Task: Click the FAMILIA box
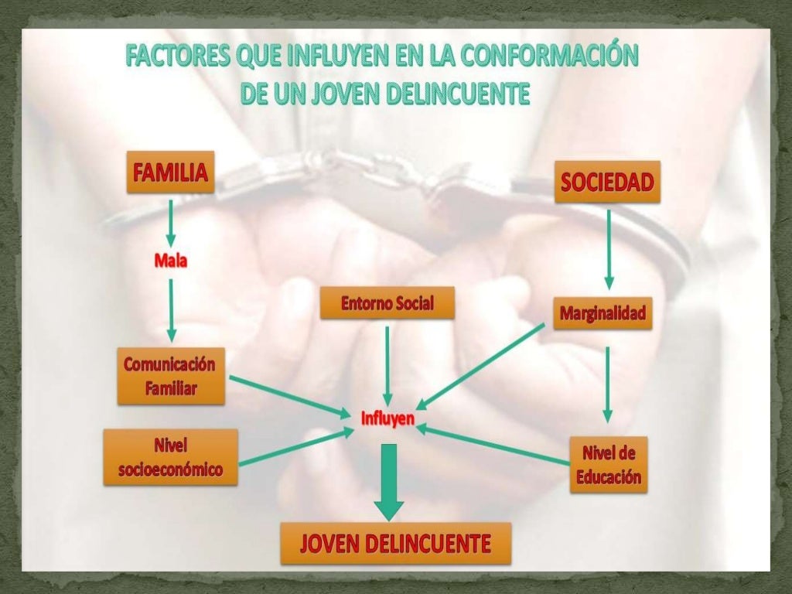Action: pos(170,172)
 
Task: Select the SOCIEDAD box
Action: pos(607,182)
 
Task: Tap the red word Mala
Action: pos(170,261)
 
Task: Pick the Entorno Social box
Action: pos(387,303)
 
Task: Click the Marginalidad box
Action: pos(603,313)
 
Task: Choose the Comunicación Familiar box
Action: pos(170,376)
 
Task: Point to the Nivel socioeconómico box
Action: pos(170,457)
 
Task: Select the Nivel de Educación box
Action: pos(608,464)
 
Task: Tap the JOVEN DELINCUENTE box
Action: pos(395,544)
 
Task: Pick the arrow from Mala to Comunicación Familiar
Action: pos(171,309)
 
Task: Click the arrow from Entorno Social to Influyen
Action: pos(387,364)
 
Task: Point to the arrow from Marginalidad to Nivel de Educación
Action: pos(607,383)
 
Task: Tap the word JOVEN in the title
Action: pos(344,94)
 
